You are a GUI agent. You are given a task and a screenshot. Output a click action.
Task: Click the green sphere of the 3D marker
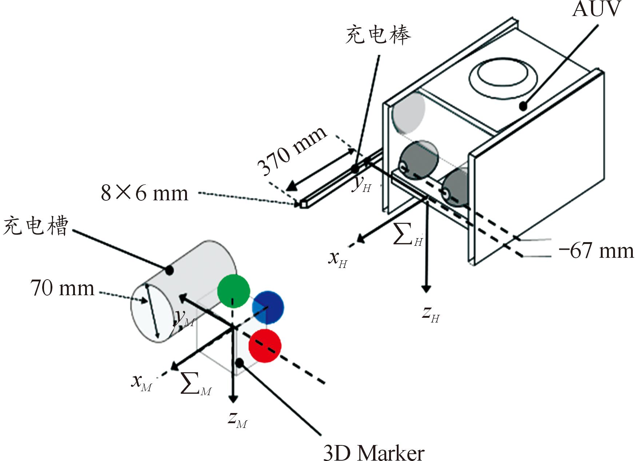[x=233, y=291]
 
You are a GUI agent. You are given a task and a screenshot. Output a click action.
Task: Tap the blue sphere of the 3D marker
[x=268, y=307]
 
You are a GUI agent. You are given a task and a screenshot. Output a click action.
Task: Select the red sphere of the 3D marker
[x=265, y=346]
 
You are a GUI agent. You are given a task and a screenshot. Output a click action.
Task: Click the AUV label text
[x=596, y=9]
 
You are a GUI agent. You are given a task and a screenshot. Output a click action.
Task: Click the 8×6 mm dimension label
[x=144, y=193]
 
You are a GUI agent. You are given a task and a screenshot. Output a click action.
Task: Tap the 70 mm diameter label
[x=62, y=288]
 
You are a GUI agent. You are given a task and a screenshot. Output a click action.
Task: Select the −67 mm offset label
[x=596, y=251]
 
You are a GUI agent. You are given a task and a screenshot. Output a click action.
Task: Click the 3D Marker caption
[x=374, y=453]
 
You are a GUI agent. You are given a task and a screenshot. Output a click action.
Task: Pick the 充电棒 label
[x=378, y=35]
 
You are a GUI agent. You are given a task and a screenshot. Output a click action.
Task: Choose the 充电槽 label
[x=36, y=226]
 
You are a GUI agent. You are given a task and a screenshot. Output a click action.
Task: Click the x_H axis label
[x=338, y=259]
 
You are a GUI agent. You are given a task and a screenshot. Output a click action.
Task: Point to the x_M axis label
[x=141, y=382]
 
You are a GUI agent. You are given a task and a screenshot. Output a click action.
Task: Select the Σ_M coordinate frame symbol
[x=196, y=385]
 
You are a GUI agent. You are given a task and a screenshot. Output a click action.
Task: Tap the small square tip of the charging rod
[x=303, y=205]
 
